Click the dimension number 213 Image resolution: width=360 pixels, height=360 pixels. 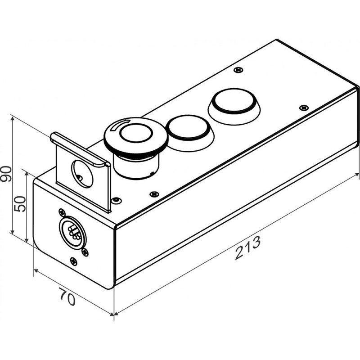(248, 247)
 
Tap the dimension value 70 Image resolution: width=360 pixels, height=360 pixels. (67, 297)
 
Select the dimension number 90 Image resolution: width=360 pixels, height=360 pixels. (6, 174)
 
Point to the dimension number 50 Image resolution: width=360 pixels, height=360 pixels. (20, 204)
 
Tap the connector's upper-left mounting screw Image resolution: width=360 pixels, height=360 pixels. (62, 212)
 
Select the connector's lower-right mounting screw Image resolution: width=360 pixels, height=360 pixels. (85, 252)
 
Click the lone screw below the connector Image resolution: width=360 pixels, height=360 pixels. (73, 261)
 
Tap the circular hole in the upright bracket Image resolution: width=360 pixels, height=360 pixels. (82, 174)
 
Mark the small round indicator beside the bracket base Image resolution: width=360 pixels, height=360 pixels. (116, 200)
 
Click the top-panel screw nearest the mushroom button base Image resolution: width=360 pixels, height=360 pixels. (154, 194)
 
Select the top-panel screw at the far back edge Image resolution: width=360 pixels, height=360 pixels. (238, 70)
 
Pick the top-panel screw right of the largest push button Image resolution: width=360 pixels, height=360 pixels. (304, 108)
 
